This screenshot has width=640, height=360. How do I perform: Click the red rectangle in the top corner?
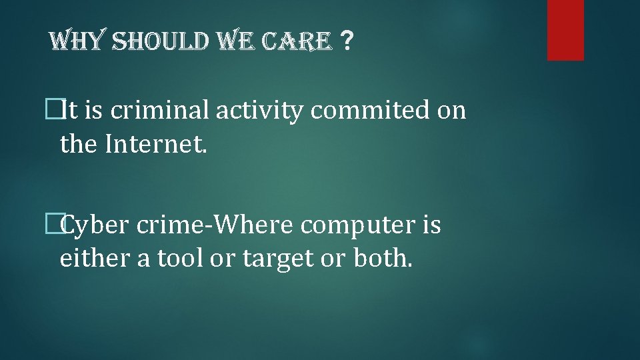tap(565, 30)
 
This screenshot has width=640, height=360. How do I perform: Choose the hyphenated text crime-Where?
tap(215, 225)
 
